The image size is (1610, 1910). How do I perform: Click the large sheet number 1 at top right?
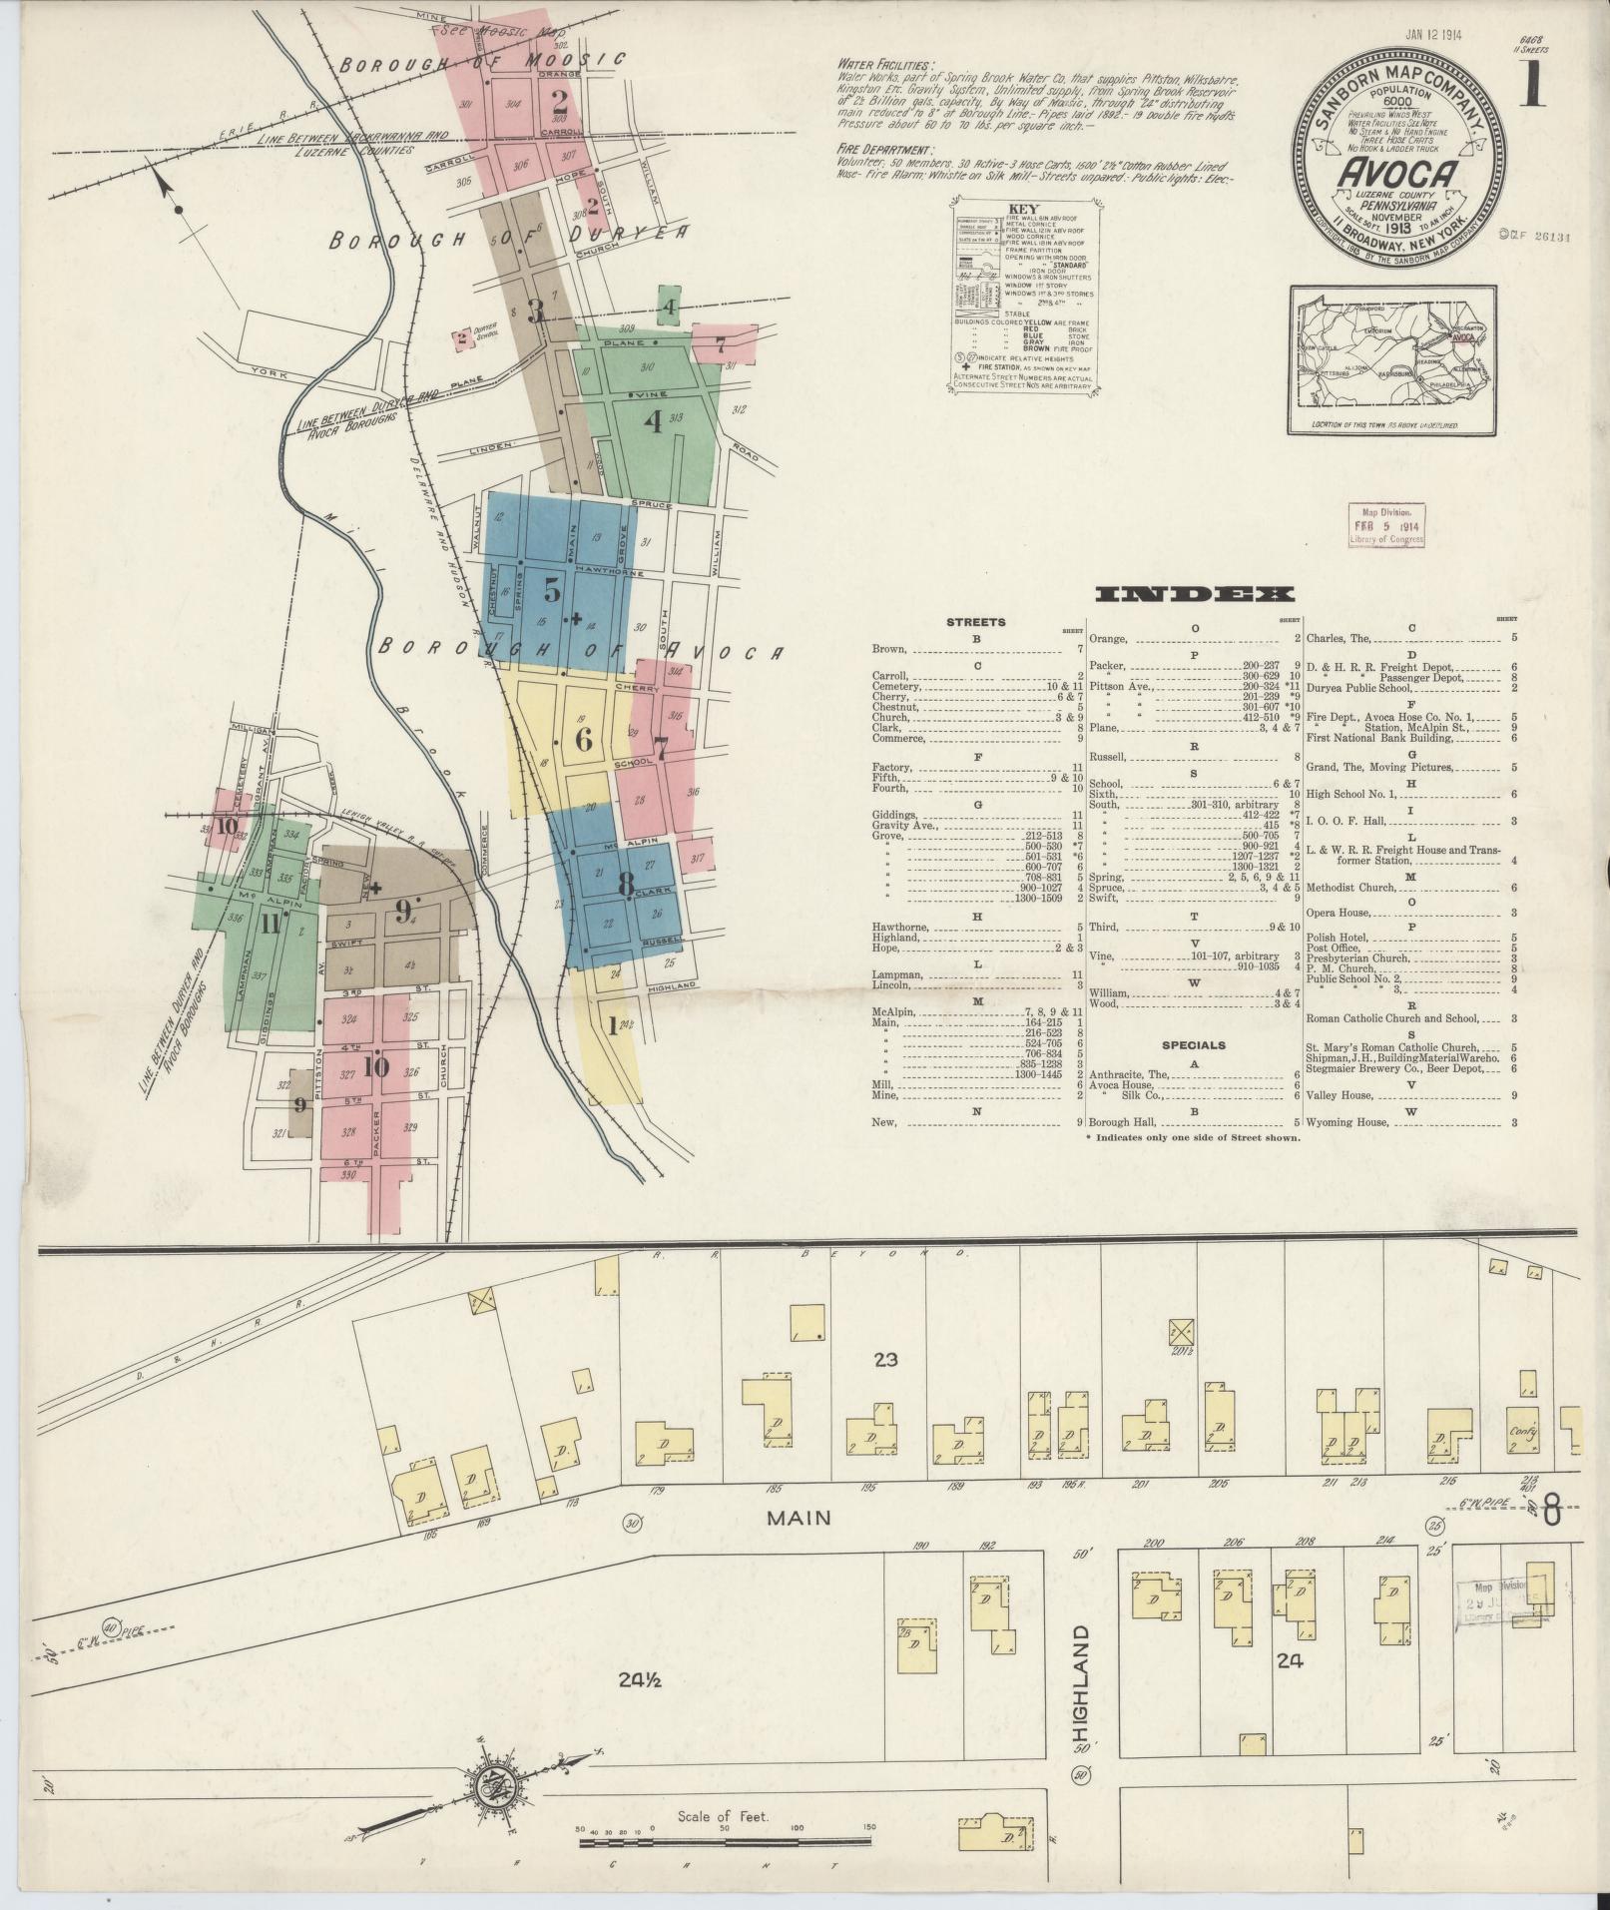point(1531,86)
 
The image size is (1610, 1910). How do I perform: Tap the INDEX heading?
point(1195,595)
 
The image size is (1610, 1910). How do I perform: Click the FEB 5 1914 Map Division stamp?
point(1386,525)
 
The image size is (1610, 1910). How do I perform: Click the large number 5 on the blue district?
point(551,590)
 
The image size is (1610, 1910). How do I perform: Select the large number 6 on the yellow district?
point(584,740)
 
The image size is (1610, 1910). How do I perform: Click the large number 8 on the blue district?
point(625,884)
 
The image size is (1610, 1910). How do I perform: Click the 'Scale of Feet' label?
point(723,1816)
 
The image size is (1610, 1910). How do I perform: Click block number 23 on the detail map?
point(885,1359)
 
